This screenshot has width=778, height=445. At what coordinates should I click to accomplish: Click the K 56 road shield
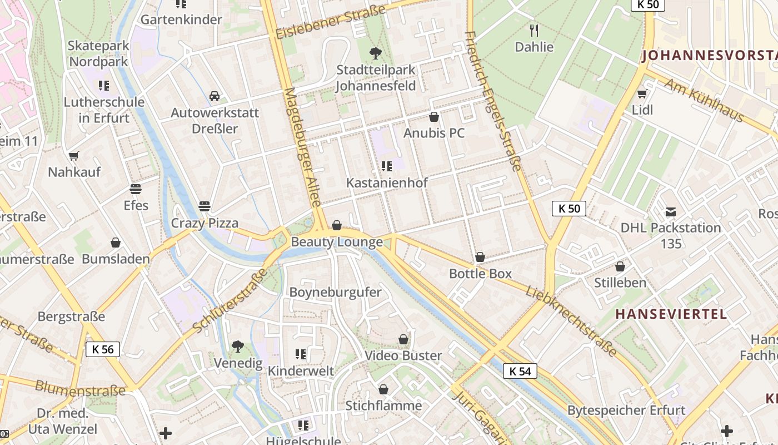[103, 349]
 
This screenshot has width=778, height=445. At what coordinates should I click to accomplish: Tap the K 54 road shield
[520, 371]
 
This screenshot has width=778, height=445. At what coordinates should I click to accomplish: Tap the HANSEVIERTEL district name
[671, 314]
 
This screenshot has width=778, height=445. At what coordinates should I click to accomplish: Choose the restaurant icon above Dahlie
[535, 30]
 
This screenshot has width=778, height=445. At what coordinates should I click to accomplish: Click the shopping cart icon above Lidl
[642, 93]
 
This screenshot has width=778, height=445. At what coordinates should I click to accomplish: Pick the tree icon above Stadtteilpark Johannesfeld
[376, 53]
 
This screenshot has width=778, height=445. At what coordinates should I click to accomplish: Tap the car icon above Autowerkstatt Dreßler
[215, 96]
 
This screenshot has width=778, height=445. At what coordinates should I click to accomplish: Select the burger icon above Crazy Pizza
[205, 206]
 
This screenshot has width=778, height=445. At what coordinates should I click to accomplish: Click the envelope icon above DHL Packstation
[671, 211]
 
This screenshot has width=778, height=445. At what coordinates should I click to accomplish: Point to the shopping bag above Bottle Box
[480, 257]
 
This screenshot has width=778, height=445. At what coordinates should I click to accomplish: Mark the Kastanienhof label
[387, 182]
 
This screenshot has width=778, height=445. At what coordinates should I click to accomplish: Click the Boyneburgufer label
[336, 292]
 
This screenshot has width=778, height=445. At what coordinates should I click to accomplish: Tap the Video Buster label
[403, 355]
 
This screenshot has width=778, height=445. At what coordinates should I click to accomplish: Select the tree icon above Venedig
[238, 347]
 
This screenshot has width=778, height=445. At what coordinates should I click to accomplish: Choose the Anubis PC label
[434, 133]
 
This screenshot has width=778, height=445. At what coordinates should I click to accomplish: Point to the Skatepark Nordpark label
[99, 53]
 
